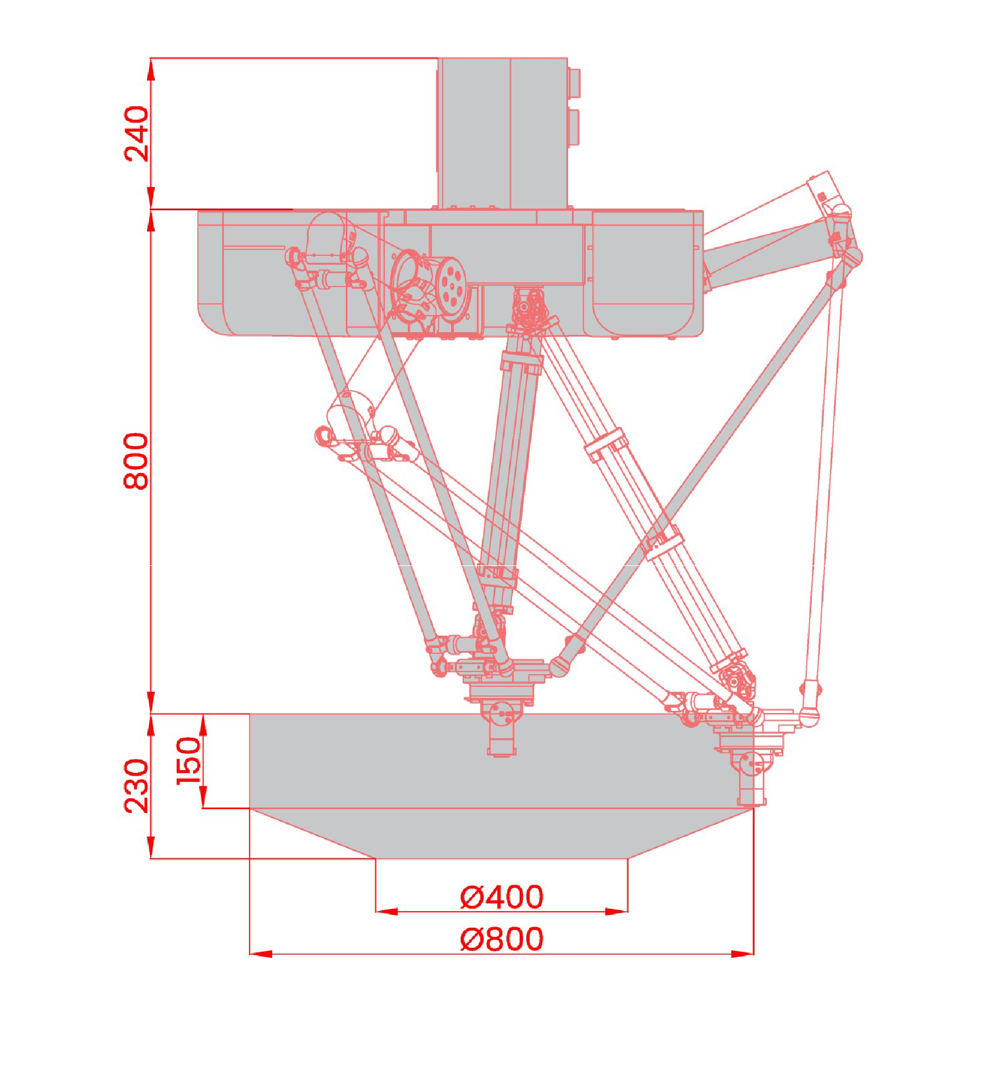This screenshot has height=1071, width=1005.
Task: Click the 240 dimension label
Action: tap(136, 134)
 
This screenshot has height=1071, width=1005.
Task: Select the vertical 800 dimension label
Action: tap(136, 461)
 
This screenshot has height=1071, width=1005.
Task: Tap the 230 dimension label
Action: tap(136, 786)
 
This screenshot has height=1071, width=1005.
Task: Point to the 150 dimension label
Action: tap(188, 761)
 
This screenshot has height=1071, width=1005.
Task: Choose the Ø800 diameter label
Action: tap(502, 939)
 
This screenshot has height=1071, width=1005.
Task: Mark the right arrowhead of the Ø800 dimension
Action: tap(742, 954)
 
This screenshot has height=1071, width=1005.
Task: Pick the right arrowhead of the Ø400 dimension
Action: tap(616, 912)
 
